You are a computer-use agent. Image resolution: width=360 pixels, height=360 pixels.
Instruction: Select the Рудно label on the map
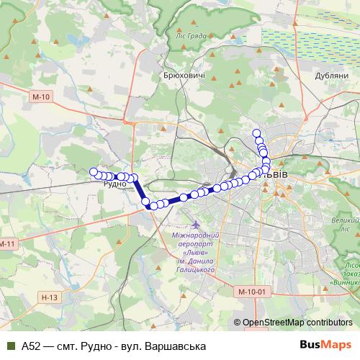coord(114,184)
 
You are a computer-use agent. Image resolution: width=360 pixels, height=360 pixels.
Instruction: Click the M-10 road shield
coord(41,96)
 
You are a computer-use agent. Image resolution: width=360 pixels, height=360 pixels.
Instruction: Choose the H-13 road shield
coord(50,297)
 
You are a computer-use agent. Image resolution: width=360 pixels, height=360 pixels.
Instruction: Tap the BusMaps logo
coord(325,346)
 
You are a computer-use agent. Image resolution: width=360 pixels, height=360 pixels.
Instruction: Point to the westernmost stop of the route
coord(93,171)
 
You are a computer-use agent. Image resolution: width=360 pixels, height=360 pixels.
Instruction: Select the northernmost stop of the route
coord(256,132)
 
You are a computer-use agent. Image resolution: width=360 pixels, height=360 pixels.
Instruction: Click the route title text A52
coord(30,346)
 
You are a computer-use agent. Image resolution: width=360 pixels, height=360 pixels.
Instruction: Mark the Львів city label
coord(276,175)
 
